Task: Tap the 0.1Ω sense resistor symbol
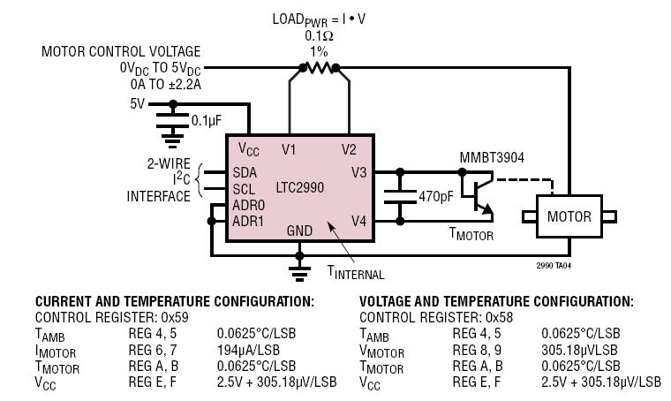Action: [320, 68]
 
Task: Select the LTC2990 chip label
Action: [300, 187]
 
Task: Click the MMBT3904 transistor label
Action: [492, 157]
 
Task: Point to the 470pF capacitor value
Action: [435, 196]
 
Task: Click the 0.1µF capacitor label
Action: [207, 121]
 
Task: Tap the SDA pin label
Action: [245, 172]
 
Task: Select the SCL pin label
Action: [244, 189]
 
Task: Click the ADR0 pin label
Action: [249, 205]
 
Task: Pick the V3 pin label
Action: [358, 172]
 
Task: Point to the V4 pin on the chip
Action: [358, 221]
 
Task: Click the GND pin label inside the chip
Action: [299, 231]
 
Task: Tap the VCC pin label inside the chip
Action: [249, 149]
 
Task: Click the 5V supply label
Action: [138, 104]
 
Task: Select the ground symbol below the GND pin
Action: [299, 273]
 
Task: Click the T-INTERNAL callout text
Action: [356, 273]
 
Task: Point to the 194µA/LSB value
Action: [248, 350]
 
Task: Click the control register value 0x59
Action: [175, 318]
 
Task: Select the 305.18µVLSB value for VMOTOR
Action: [579, 350]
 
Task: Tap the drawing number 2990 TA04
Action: [554, 265]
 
